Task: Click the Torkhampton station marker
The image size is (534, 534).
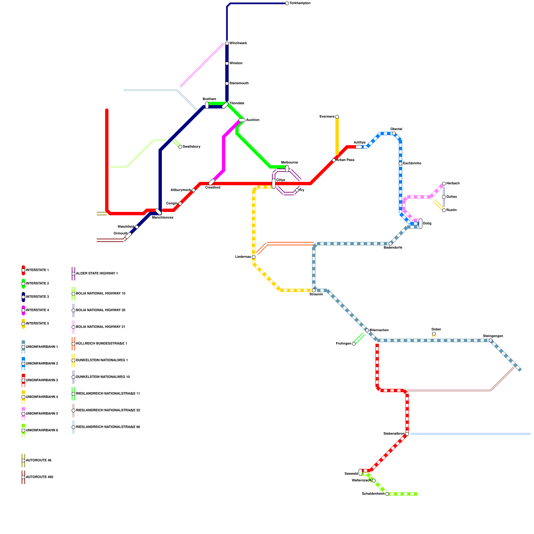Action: [287, 3]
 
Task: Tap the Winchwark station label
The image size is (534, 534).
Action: [238, 43]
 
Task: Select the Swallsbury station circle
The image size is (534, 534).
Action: [180, 147]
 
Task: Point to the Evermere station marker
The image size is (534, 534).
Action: [337, 117]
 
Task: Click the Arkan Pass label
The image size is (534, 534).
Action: [345, 160]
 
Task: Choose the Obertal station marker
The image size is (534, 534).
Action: [394, 133]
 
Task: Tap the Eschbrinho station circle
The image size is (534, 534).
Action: [400, 164]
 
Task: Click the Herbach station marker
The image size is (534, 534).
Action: [444, 184]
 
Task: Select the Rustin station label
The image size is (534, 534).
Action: [451, 210]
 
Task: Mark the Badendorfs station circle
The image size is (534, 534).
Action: [390, 244]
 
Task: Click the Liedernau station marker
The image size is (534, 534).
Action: [254, 257]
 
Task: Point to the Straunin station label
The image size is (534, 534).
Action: [316, 294]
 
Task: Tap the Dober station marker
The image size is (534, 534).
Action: [434, 334]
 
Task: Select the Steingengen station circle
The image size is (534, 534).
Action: [491, 340]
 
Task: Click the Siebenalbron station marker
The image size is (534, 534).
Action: [407, 434]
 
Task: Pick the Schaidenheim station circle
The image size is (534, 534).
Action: [387, 494]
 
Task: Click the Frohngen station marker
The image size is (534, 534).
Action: [354, 344]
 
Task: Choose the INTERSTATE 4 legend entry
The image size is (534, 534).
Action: [37, 310]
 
